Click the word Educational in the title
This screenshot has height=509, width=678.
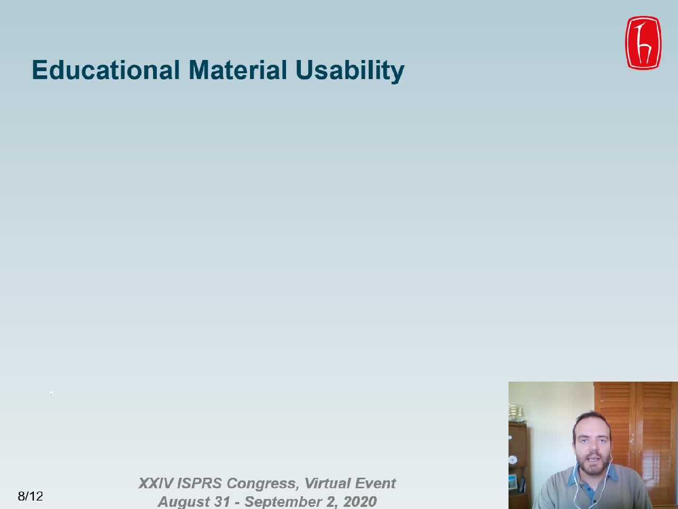click(x=105, y=70)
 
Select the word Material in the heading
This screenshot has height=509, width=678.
click(x=238, y=70)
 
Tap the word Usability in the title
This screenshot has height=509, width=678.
click(x=350, y=71)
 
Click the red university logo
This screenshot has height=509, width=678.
click(x=644, y=43)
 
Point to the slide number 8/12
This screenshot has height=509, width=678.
click(x=30, y=496)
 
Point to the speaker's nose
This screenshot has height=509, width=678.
click(x=592, y=446)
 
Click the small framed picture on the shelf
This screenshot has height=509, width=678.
click(x=513, y=483)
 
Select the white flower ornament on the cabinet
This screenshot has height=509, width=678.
click(x=513, y=460)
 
